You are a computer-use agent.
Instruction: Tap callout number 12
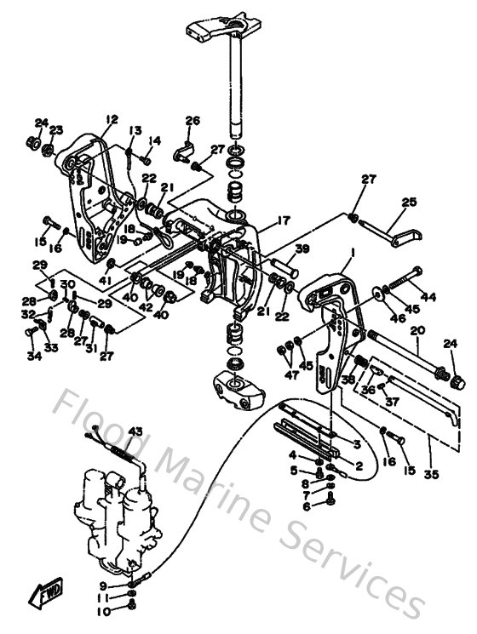tap(111, 119)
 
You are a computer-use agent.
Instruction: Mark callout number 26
tap(192, 120)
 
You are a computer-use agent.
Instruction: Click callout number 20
tap(417, 329)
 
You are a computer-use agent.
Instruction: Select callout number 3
tap(357, 443)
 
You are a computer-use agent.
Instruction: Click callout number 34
tap(34, 356)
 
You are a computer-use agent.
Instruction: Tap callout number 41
tap(106, 280)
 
